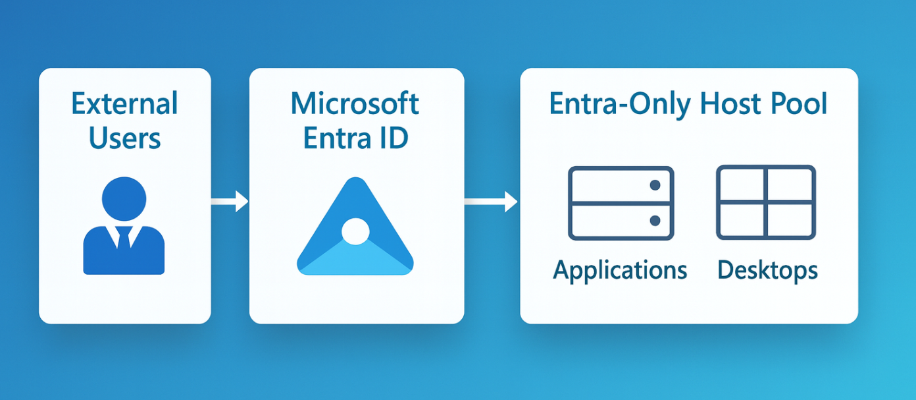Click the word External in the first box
point(124,104)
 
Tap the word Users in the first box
point(124,138)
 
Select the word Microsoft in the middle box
point(355,104)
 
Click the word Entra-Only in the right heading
point(618,104)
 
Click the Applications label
point(620,270)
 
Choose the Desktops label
point(767,270)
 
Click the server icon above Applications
point(621,203)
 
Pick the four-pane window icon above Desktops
point(766,202)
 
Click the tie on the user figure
point(124,238)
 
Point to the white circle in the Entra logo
point(355,231)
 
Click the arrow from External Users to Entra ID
point(230,202)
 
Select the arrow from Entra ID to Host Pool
point(491,202)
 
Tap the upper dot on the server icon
point(655,185)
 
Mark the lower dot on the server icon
point(655,220)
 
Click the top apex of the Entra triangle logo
point(355,181)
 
